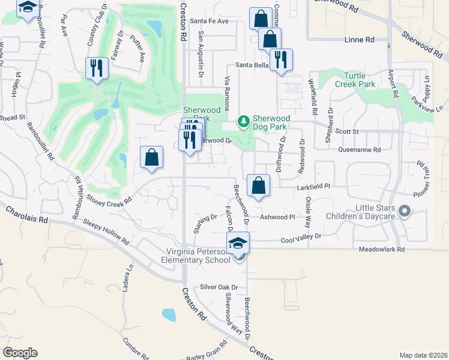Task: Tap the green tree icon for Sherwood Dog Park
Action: coord(243,122)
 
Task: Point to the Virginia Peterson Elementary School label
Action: coord(195,256)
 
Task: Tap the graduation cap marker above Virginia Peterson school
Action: coord(238,242)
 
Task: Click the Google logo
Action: coord(20,353)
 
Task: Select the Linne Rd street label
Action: coord(360,40)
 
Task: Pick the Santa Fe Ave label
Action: coord(209,21)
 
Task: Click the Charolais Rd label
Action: coord(26,216)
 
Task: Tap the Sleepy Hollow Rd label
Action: coord(105,232)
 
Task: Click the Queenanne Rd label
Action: coord(360,150)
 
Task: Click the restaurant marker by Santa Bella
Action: coord(281,59)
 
